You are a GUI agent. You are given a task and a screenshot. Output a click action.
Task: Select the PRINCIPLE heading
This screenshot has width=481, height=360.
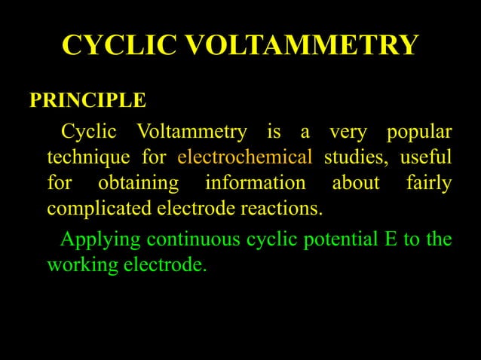tap(87, 101)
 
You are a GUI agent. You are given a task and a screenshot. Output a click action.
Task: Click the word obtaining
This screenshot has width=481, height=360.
tap(139, 183)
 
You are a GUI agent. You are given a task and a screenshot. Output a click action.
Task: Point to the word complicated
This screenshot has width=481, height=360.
tap(100, 207)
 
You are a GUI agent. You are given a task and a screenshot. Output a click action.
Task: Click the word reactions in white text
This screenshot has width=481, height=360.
tap(280, 207)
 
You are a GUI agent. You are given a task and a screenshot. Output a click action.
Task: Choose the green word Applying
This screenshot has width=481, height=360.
tap(100, 241)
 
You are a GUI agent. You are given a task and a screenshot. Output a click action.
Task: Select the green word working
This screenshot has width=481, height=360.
tap(78, 266)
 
